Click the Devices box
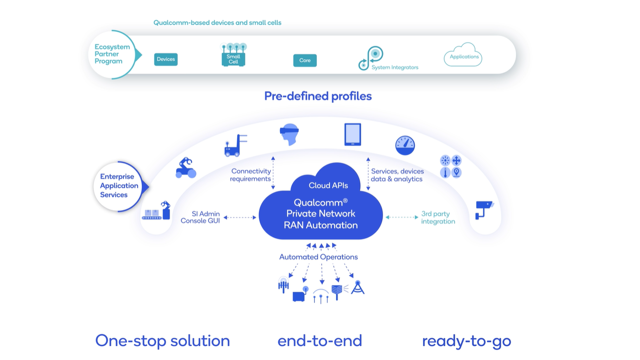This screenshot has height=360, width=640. [x=166, y=59]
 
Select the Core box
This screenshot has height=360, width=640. [x=305, y=60]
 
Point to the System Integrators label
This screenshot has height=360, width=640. [x=395, y=67]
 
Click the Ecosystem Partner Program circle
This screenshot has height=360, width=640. [x=112, y=54]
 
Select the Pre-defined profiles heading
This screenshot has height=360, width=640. [x=318, y=96]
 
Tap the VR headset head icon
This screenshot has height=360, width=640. [x=289, y=134]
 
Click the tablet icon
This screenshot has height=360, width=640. [x=352, y=135]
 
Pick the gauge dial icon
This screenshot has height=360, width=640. [x=405, y=145]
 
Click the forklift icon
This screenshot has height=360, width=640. [x=235, y=145]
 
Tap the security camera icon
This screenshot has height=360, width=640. [x=484, y=210]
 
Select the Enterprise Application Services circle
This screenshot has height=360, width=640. [x=118, y=186]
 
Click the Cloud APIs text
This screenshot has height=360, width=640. [x=328, y=185]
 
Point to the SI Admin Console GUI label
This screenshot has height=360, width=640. [x=200, y=217]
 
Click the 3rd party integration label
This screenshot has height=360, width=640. [x=438, y=218]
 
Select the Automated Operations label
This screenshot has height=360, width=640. [x=318, y=257]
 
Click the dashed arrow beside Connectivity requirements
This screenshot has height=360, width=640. [x=273, y=173]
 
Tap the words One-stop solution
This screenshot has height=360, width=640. [x=163, y=341]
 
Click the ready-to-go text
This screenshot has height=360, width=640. [x=467, y=341]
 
